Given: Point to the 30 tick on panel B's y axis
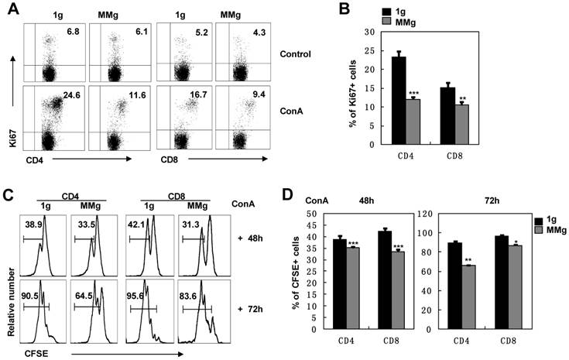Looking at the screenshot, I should tap(379, 32).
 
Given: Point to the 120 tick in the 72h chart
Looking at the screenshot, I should tap(426, 214).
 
